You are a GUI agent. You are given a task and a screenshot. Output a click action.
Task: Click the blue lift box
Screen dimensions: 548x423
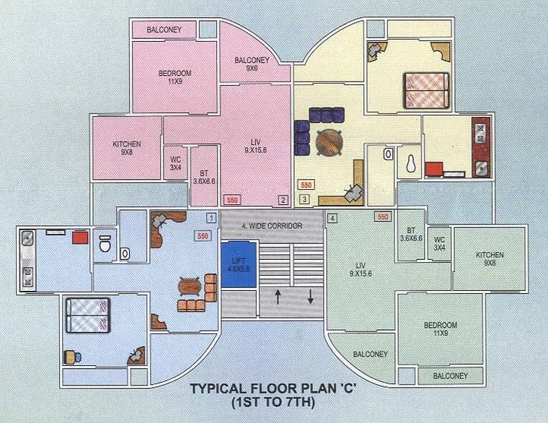point(239,265)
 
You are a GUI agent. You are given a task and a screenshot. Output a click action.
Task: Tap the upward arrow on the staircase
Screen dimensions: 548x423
point(278,297)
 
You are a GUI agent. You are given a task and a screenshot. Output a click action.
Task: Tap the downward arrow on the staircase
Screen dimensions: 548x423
point(310,296)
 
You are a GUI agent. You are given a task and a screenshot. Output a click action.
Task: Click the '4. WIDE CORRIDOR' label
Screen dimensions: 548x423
point(272,226)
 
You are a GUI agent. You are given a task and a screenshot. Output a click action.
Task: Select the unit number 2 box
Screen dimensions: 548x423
point(283,200)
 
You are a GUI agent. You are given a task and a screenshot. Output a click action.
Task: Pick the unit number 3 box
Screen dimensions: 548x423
point(304,199)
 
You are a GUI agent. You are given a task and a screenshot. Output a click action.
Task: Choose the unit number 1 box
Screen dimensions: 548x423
point(211,218)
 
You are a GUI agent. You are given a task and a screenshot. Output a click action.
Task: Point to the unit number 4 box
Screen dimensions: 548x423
point(332,218)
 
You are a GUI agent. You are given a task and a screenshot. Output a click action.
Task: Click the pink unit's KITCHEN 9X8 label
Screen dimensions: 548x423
point(126,148)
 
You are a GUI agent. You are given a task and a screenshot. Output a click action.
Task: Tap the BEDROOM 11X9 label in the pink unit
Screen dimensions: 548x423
point(174,77)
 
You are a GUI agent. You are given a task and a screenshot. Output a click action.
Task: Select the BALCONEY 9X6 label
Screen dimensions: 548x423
point(252,64)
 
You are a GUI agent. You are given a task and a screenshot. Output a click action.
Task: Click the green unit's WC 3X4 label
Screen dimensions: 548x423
point(439,243)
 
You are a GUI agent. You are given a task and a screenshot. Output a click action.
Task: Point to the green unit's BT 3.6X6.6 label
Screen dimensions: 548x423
point(411,235)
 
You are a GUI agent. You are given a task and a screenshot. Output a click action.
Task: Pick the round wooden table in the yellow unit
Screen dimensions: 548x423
point(330,141)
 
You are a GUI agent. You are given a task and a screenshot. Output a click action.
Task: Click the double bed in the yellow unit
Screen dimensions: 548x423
point(426,90)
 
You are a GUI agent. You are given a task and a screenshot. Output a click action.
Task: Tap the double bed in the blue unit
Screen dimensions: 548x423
point(88,315)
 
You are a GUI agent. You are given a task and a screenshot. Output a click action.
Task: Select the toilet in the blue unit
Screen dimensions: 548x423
point(105,243)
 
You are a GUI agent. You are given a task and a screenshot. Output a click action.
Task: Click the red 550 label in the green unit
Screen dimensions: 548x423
point(383,217)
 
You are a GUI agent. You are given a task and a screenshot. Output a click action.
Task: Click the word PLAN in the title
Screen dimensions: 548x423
point(298,388)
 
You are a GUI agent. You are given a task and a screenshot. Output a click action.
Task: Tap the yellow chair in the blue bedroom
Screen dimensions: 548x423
point(70,357)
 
